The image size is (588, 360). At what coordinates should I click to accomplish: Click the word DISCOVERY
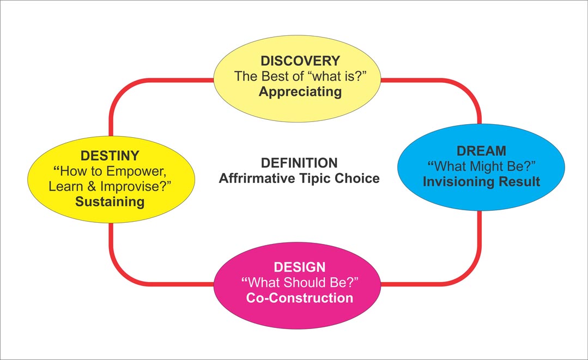coord(300,60)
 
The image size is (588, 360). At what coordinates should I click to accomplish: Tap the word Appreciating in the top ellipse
coord(300,92)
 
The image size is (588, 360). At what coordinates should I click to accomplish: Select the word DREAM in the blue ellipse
coord(481,151)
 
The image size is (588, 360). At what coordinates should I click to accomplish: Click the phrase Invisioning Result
coord(481,182)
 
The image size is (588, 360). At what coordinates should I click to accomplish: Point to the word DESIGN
coord(300,267)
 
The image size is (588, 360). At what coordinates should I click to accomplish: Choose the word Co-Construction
coord(300,298)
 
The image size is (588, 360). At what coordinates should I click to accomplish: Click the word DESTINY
coord(110,155)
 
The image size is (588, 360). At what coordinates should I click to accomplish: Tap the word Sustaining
coord(110,202)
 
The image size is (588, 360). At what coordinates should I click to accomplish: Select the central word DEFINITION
coord(299,163)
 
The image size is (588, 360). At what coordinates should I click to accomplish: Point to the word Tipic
coord(316,179)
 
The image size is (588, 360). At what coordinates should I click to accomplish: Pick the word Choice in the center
coord(357,178)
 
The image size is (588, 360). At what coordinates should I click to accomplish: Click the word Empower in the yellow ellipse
coord(136,172)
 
